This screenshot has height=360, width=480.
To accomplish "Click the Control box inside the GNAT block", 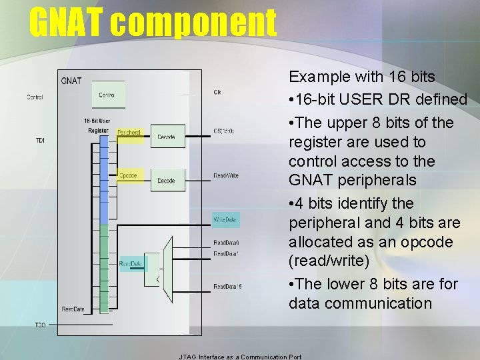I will [107, 95].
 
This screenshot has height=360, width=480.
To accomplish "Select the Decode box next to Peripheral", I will [166, 137].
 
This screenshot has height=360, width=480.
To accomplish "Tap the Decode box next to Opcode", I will [166, 180].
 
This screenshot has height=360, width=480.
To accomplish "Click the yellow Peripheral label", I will [129, 133].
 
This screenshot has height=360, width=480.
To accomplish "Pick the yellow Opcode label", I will [127, 176].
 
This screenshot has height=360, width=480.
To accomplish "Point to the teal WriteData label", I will [225, 219].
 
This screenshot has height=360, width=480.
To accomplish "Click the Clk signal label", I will [217, 92].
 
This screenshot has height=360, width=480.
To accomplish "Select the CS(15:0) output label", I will [224, 131].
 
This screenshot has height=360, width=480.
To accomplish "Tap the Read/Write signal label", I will [225, 175].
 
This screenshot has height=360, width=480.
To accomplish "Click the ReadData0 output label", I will [226, 243].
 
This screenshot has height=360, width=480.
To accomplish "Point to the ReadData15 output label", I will [227, 287].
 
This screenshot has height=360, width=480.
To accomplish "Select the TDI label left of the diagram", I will [40, 141].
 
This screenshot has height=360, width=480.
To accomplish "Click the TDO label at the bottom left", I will [41, 325].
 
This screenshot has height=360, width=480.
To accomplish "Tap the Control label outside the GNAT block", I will [35, 97].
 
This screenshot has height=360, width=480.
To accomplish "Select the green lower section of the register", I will [103, 267].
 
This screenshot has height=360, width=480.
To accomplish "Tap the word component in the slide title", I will [193, 23].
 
